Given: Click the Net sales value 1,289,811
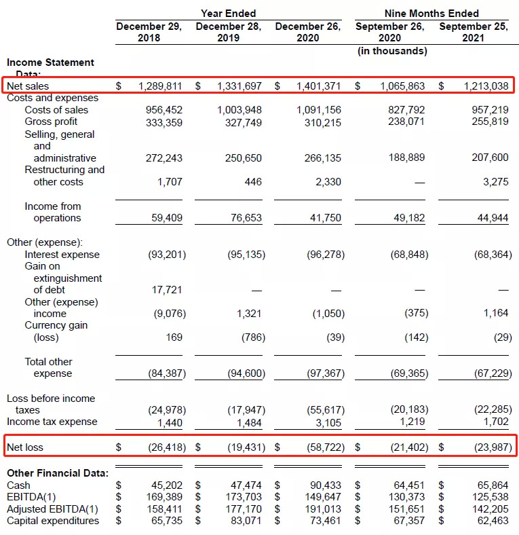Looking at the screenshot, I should pyautogui.click(x=160, y=86).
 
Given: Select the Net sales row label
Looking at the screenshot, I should pyautogui.click(x=28, y=86).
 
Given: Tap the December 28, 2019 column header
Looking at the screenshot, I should pyautogui.click(x=229, y=32).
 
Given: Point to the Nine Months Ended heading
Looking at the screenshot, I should pyautogui.click(x=431, y=14).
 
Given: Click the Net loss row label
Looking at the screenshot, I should pyautogui.click(x=26, y=447).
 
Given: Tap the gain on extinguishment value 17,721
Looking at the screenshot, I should pyautogui.click(x=166, y=290).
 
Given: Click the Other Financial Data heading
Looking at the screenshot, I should pyautogui.click(x=57, y=473).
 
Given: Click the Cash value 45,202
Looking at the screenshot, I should pyautogui.click(x=166, y=485).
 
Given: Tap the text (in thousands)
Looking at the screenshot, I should pyautogui.click(x=392, y=51).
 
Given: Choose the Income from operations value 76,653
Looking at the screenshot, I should pyautogui.click(x=243, y=218).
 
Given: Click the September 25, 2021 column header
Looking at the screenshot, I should pyautogui.click(x=472, y=32).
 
